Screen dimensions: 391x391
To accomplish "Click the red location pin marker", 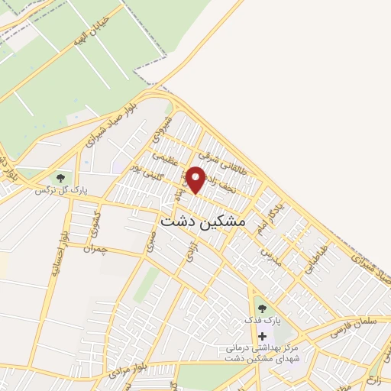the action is (196, 179).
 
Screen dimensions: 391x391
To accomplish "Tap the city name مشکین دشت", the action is (204, 221).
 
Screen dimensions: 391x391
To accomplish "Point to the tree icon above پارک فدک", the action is (263, 308).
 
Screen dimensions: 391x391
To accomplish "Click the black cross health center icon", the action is (263, 336).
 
